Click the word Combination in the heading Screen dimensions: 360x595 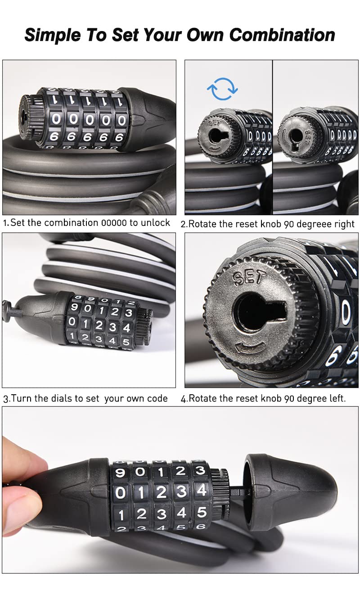282,35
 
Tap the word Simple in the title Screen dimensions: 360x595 53,36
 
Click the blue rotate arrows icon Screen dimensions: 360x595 222,89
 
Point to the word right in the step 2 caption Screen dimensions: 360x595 344,225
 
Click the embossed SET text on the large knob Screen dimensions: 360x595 249,278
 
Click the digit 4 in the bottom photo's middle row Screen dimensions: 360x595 202,490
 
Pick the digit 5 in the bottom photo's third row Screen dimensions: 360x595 202,512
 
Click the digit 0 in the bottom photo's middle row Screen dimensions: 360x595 120,493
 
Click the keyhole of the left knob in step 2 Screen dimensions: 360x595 218,136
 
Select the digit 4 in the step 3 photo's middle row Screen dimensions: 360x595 126,328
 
